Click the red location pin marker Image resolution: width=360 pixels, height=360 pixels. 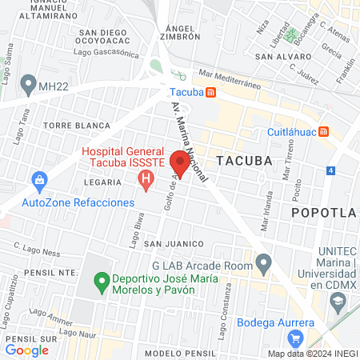tap(180, 163)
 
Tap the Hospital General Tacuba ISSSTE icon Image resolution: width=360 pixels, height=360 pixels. tap(145, 183)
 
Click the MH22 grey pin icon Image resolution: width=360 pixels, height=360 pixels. tap(29, 83)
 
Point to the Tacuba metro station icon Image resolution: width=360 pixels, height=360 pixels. tap(210, 93)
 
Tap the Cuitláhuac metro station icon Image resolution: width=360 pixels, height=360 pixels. tap(323, 132)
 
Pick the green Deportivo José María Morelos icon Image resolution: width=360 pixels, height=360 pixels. tap(102, 281)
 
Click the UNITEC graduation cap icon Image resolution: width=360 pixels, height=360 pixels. tap(338, 302)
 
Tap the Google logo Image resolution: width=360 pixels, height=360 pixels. tap(26, 350)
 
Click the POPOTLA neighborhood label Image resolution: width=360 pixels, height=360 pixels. tap(323, 212)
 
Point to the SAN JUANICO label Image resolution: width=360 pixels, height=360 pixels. tap(170, 243)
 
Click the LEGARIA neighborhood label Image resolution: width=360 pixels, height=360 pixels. tap(102, 182)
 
